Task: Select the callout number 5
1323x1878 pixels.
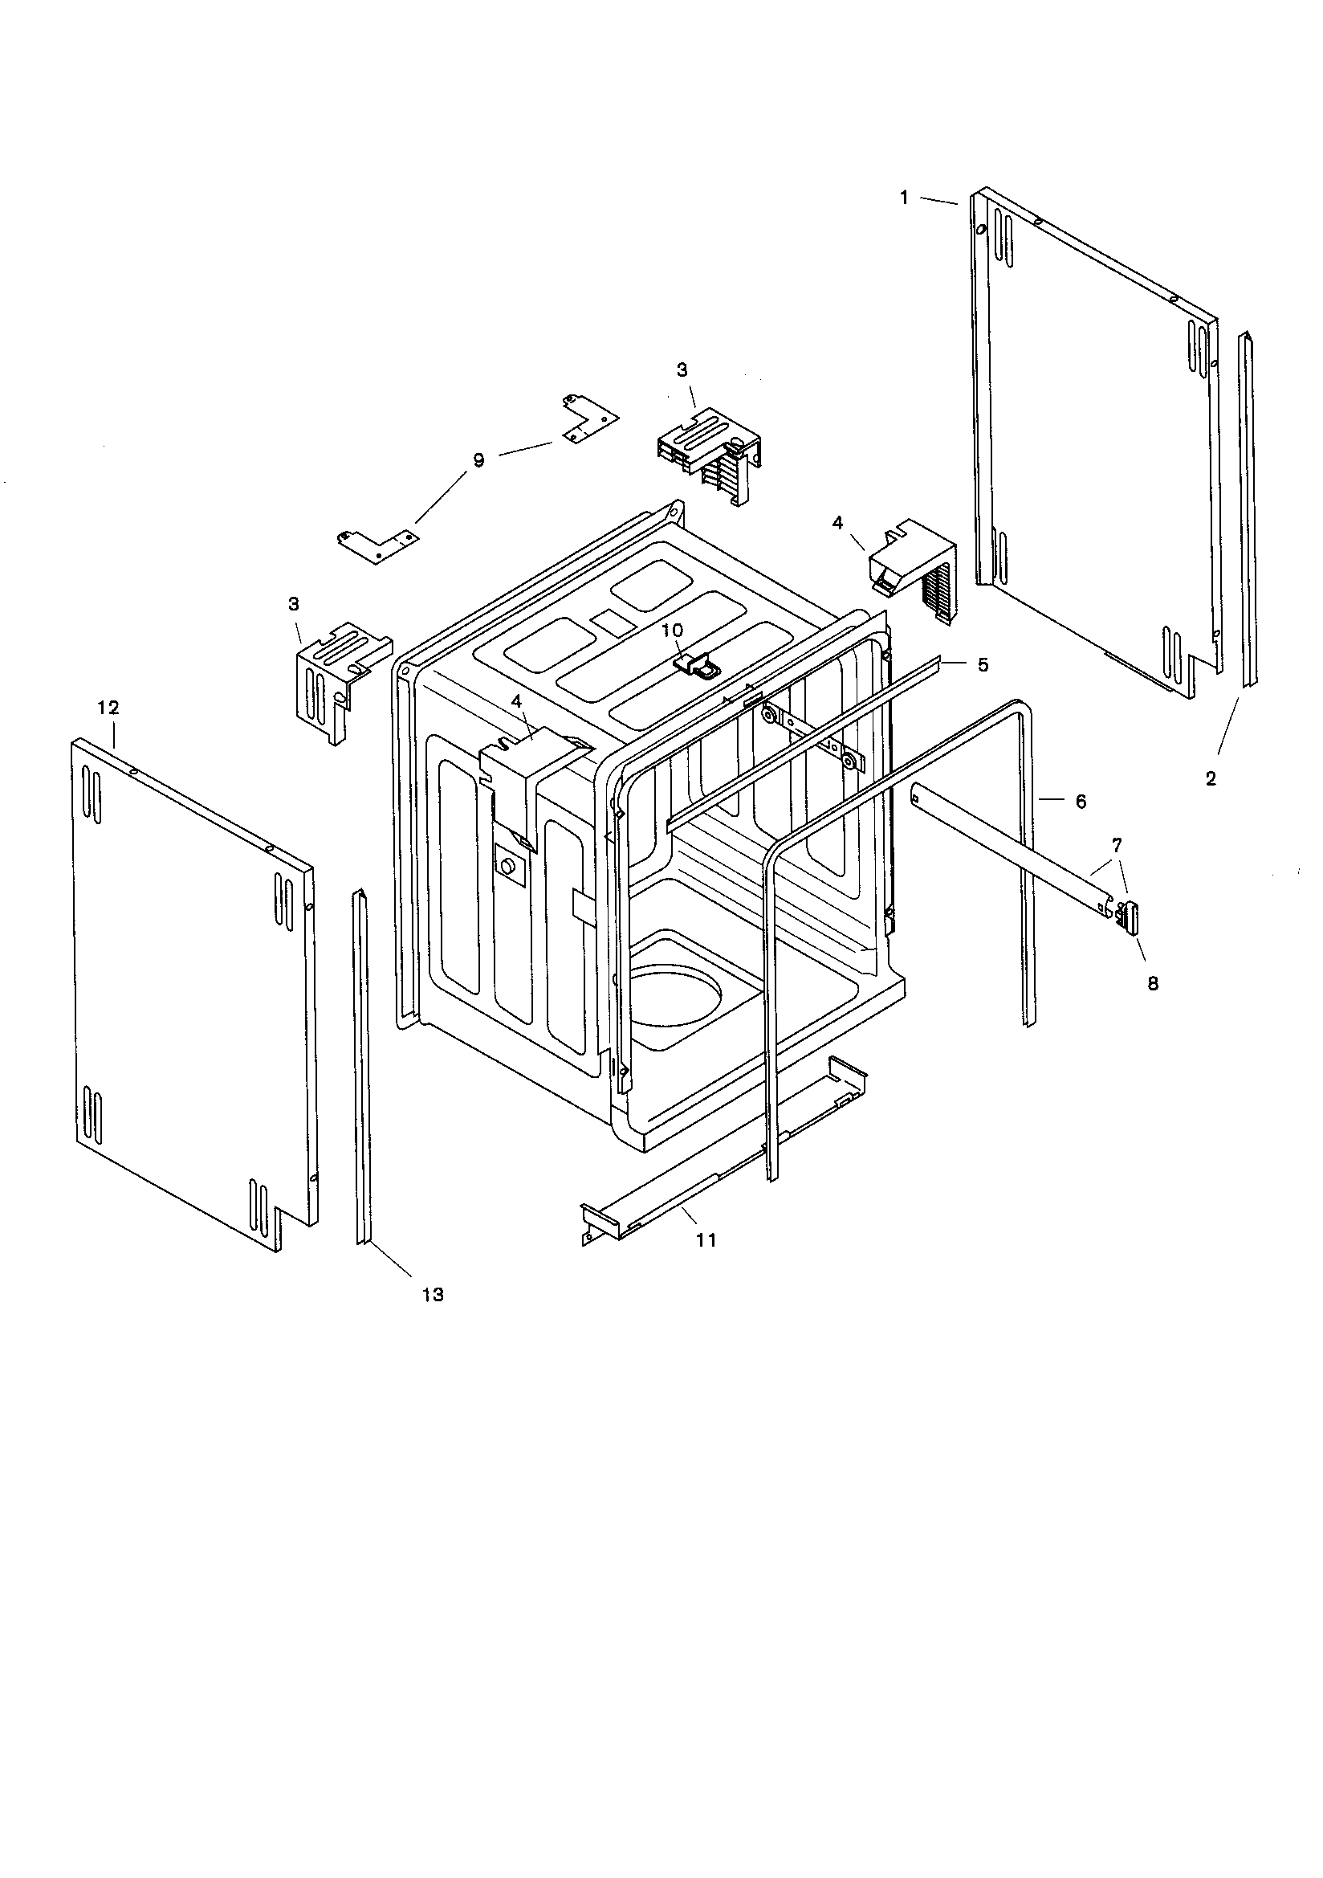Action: pyautogui.click(x=983, y=664)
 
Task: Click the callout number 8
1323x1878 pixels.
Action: pyautogui.click(x=1153, y=984)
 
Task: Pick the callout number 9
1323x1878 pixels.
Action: pyautogui.click(x=478, y=460)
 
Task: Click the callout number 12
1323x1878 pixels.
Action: pyautogui.click(x=108, y=708)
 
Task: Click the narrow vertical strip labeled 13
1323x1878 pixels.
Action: pyautogui.click(x=360, y=1064)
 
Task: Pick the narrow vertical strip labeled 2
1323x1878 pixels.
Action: pyautogui.click(x=1248, y=507)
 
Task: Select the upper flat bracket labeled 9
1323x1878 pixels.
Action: pyautogui.click(x=588, y=418)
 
